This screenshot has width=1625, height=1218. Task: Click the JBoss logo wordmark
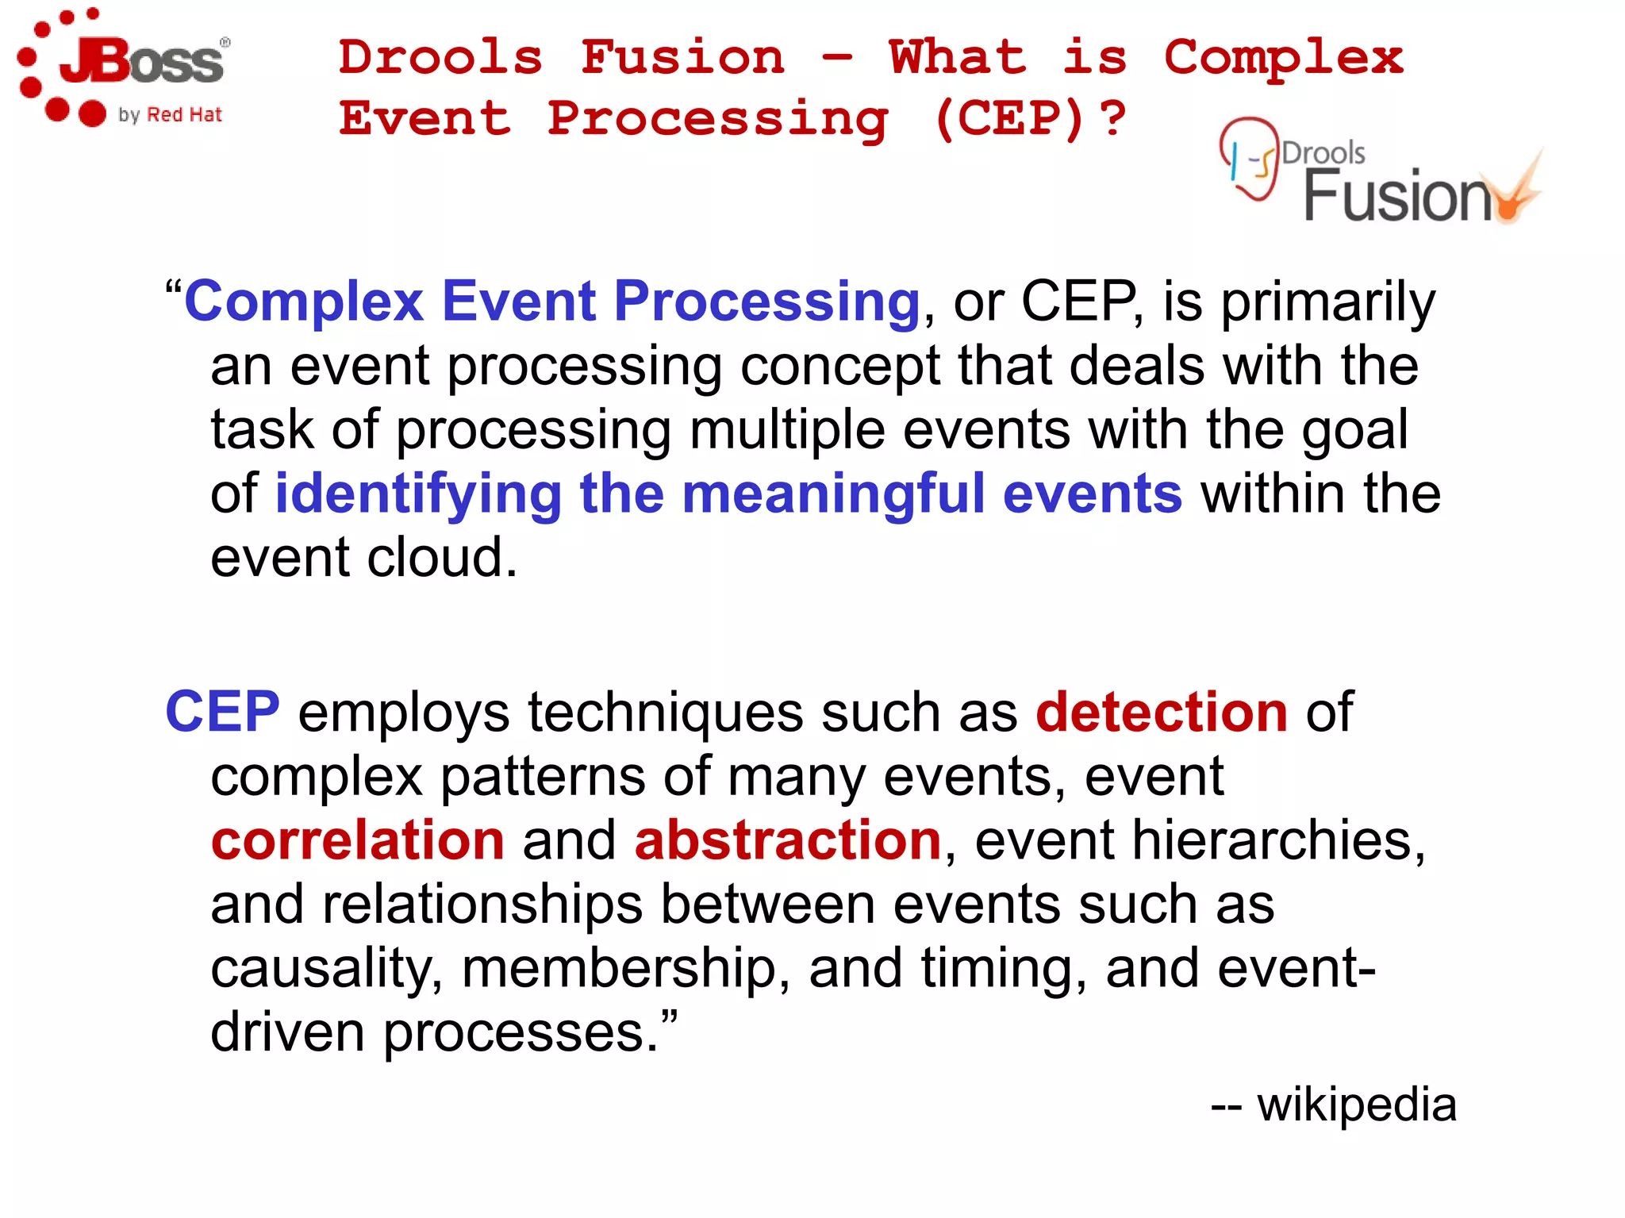(x=143, y=62)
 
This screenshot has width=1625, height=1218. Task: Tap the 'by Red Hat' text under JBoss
(x=170, y=115)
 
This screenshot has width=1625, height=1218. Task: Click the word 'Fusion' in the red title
(x=682, y=58)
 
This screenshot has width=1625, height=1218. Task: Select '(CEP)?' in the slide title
(x=1030, y=119)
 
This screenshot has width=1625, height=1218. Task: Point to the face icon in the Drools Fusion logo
(x=1249, y=159)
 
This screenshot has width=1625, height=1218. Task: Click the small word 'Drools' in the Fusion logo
(x=1323, y=152)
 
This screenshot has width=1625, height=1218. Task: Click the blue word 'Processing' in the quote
(x=766, y=302)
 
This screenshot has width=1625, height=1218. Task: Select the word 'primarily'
(x=1327, y=302)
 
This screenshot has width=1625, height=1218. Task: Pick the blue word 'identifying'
(x=418, y=494)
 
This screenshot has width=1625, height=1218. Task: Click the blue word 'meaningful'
(x=833, y=494)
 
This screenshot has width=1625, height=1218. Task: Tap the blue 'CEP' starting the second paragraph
(x=222, y=712)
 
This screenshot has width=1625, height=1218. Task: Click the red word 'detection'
(x=1162, y=712)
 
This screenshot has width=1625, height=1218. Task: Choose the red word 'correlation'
(x=357, y=840)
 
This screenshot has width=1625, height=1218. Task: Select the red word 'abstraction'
(x=787, y=840)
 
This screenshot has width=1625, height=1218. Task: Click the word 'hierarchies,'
(x=1278, y=840)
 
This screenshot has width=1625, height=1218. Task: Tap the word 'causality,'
(x=326, y=969)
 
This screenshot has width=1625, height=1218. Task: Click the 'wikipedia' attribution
(x=1357, y=1105)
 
